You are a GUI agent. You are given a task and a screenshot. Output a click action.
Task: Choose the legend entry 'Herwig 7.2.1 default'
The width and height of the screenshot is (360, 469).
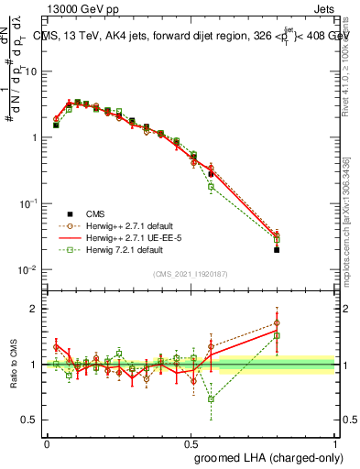coord(115,248)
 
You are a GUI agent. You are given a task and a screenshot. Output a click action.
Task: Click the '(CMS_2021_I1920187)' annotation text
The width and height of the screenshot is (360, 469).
coord(191,274)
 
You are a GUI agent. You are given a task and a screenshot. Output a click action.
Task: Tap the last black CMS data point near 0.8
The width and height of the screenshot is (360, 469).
coord(277,249)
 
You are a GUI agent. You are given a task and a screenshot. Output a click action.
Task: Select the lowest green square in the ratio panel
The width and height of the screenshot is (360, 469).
coord(211,399)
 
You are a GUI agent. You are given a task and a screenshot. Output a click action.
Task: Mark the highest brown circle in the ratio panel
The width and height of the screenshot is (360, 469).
coord(277,322)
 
